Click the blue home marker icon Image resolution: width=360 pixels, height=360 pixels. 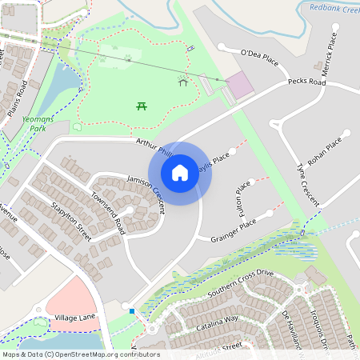(180, 172)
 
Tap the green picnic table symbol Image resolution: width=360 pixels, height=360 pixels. (142, 106)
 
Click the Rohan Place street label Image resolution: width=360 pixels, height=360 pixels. (325, 150)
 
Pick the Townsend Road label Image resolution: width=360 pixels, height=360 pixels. (108, 212)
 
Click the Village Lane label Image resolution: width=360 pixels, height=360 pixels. (75, 318)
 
